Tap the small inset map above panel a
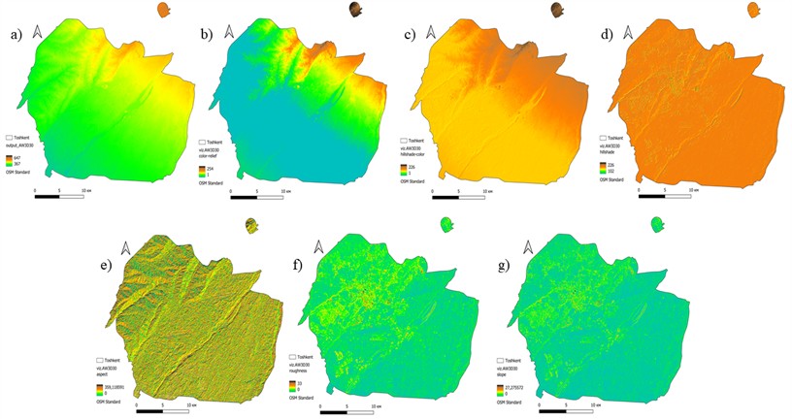[163, 12]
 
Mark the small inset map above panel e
[251, 225]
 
